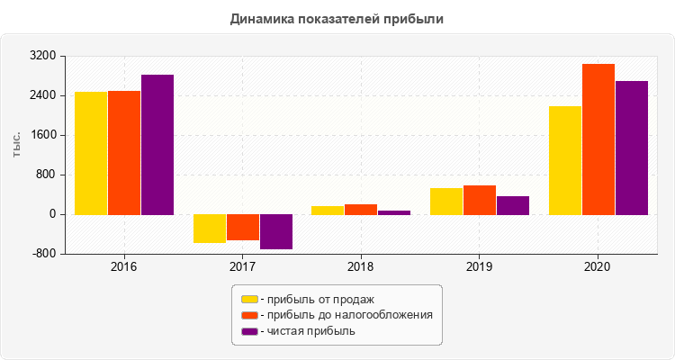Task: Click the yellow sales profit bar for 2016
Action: pos(91,153)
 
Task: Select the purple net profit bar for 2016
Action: pos(157,144)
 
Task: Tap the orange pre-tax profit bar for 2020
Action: pos(598,139)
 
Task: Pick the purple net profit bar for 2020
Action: pos(632,148)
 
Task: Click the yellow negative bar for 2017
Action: pos(210,229)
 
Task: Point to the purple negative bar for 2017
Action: pos(276,231)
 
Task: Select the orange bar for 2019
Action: pos(480,200)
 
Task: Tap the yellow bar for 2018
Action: pos(328,210)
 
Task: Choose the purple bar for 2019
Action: pos(513,205)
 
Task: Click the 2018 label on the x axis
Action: pos(361,267)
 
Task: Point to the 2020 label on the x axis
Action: pos(598,267)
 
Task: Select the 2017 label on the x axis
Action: pos(242,267)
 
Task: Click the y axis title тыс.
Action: pos(17,145)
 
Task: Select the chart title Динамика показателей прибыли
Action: pos(337,18)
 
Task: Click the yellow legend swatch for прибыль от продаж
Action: pos(249,299)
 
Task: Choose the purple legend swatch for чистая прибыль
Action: pos(249,331)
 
